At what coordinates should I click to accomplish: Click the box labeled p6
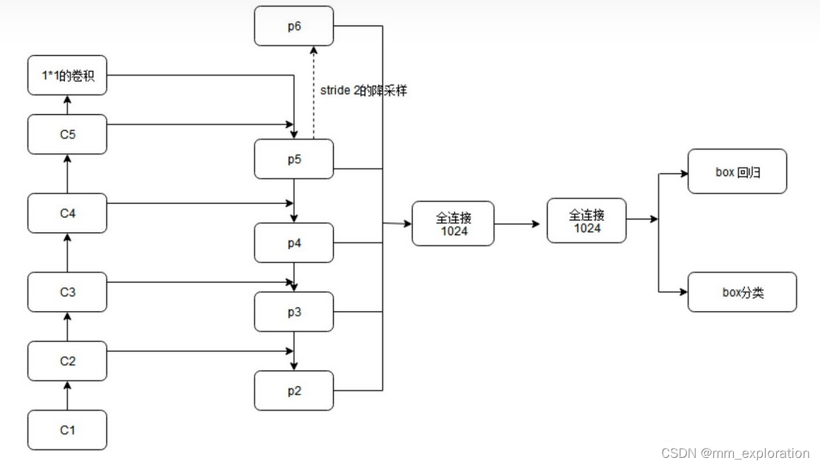[x=294, y=26]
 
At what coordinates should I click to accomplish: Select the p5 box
[x=294, y=159]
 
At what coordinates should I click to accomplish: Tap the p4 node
[x=294, y=243]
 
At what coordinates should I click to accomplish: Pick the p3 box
[x=294, y=312]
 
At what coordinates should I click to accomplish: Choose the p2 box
[x=294, y=390]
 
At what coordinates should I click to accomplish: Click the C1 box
[x=67, y=430]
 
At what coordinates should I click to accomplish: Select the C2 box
[x=67, y=361]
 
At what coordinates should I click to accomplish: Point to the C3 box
[x=67, y=292]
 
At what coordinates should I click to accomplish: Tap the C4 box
[x=67, y=213]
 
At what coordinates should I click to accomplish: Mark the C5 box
[x=67, y=134]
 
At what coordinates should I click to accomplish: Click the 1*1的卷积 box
[x=67, y=75]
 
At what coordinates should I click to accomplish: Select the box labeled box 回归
[x=737, y=171]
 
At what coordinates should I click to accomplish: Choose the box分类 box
[x=742, y=292]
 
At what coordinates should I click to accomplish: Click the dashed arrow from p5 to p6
[x=313, y=92]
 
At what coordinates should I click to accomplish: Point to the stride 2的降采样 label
[x=363, y=91]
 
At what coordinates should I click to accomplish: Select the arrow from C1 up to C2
[x=68, y=396]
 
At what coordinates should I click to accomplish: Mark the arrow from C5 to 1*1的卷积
[x=68, y=104]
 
